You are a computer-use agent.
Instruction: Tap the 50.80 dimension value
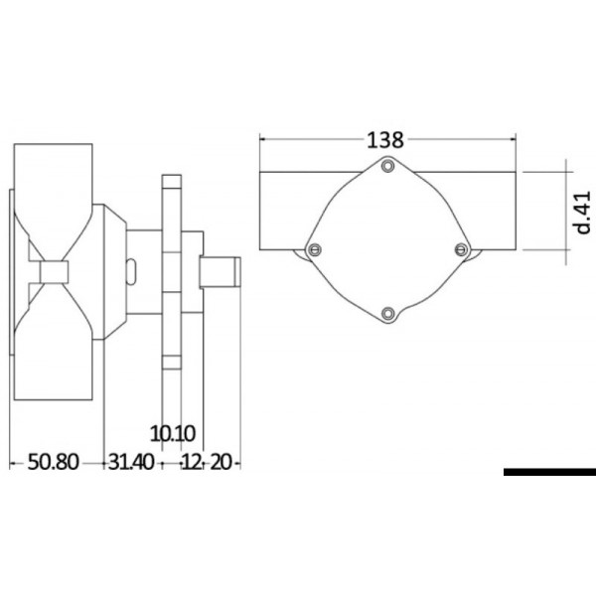(55, 462)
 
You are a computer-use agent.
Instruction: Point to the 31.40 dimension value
(131, 462)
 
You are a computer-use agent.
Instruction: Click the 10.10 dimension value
(173, 433)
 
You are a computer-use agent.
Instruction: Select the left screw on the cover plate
(315, 248)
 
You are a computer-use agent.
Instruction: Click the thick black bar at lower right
(548, 472)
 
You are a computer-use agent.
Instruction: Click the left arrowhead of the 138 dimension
(263, 140)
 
